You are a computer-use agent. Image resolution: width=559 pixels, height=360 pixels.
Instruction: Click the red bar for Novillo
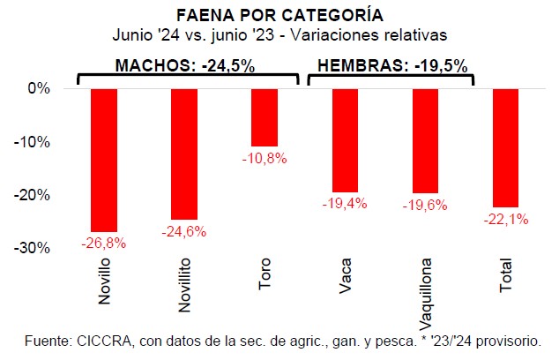(x=103, y=160)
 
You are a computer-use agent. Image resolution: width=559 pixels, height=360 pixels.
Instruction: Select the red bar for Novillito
(x=184, y=154)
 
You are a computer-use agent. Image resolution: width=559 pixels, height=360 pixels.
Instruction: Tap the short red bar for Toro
(x=265, y=117)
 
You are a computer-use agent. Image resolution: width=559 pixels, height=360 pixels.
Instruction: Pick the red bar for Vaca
(x=346, y=140)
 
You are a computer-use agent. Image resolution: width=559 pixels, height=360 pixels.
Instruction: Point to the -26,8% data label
(x=103, y=242)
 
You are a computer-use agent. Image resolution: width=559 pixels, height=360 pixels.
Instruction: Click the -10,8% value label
(x=265, y=158)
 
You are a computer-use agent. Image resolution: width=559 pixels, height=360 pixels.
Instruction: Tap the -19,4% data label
(x=346, y=204)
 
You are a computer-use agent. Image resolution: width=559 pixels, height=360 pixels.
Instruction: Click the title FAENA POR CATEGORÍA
(x=279, y=16)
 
